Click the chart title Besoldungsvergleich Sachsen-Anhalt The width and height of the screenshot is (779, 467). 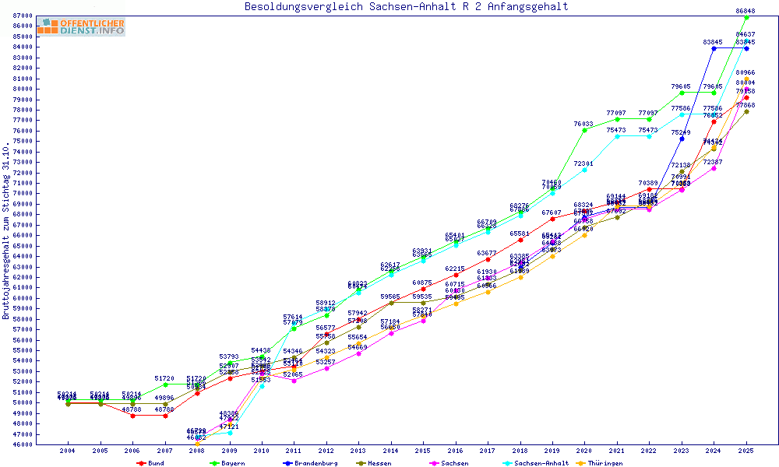pos(406,7)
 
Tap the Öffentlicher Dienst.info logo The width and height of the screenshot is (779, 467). pos(80,27)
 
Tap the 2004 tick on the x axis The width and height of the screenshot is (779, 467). pos(69,451)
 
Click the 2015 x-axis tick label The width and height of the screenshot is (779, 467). pos(423,451)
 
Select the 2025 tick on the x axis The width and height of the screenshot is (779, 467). pos(746,451)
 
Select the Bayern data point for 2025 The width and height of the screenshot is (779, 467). pos(746,17)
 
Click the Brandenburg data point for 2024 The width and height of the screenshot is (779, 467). pos(714,48)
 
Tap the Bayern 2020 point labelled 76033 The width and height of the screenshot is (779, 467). pos(584,130)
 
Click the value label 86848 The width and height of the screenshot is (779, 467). pos(746,11)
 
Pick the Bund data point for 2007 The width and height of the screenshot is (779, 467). pos(165,416)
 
